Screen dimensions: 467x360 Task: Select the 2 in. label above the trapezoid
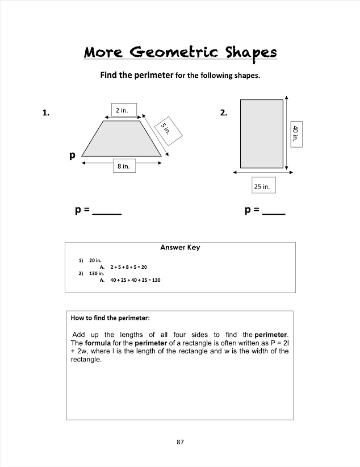coord(122,110)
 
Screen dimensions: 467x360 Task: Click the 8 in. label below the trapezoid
coord(123,166)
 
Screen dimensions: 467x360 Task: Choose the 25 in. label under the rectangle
coord(263,186)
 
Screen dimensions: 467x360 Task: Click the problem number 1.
coord(45,112)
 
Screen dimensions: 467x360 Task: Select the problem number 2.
coord(224,112)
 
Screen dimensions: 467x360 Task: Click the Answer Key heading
coord(180,248)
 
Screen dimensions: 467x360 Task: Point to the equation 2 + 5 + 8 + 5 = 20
coord(129,266)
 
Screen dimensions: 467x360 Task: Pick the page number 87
coord(180,441)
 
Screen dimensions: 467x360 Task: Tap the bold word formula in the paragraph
coord(97,343)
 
